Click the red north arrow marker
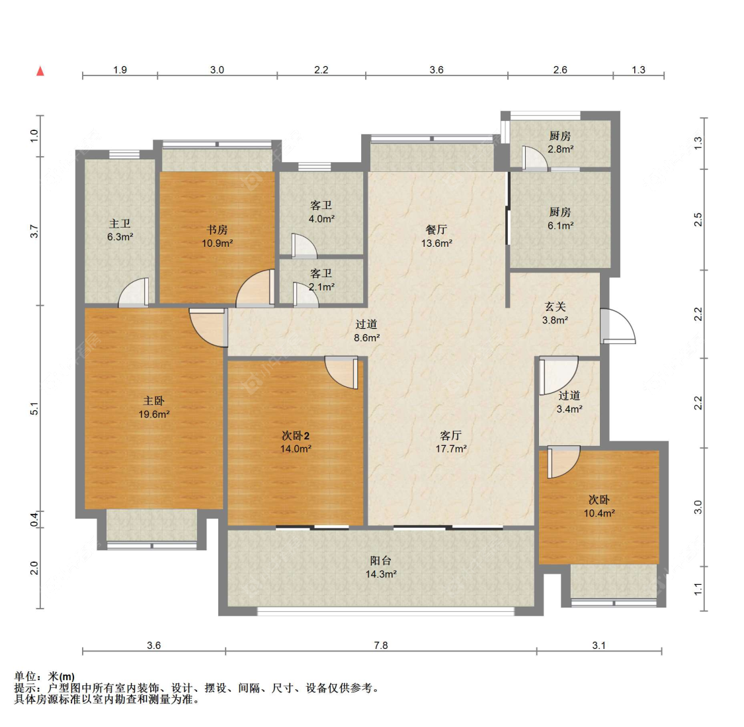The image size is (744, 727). click(40, 71)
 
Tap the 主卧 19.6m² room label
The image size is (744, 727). click(153, 407)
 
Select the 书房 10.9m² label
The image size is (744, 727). click(217, 236)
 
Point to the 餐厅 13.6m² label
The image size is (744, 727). click(436, 236)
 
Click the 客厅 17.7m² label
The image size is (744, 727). click(451, 442)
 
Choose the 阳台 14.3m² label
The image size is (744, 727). click(380, 567)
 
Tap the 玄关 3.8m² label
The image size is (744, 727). click(555, 313)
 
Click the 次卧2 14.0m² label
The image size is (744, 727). click(296, 442)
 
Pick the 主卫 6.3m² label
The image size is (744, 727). click(120, 230)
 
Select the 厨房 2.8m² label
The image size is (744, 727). click(560, 142)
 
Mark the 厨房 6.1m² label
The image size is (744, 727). click(560, 218)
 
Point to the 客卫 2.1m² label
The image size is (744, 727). click(321, 280)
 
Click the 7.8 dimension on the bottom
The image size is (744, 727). click(380, 645)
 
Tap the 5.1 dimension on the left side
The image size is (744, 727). click(34, 409)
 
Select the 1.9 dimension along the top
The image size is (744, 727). click(120, 69)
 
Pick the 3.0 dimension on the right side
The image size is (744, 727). click(698, 507)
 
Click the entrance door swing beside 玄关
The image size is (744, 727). click(618, 325)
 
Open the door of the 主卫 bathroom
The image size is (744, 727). click(134, 291)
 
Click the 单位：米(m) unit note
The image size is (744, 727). click(44, 676)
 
